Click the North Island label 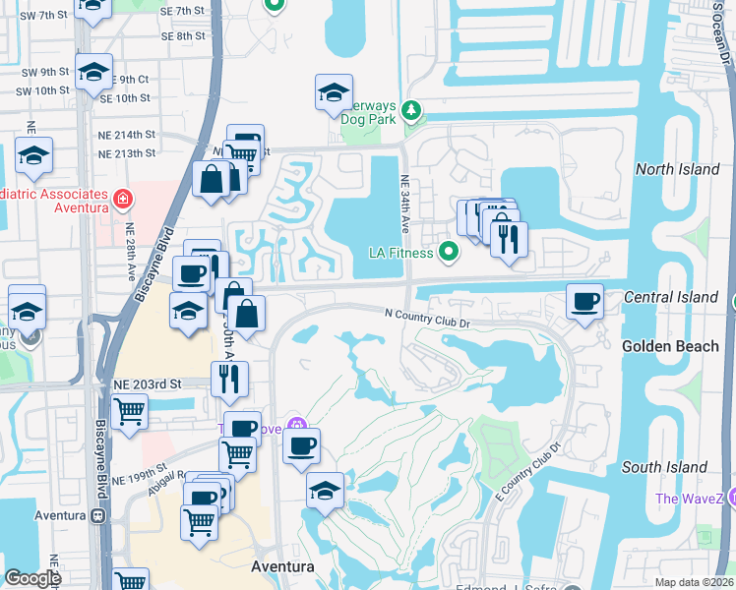[677, 169]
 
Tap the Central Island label [671, 297]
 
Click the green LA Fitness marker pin [449, 253]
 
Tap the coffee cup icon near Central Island [585, 301]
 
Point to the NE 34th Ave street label [404, 205]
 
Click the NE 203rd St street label [149, 383]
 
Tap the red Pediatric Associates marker [123, 201]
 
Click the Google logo [32, 578]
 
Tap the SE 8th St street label [180, 35]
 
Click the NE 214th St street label [127, 133]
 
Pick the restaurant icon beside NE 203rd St [230, 379]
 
